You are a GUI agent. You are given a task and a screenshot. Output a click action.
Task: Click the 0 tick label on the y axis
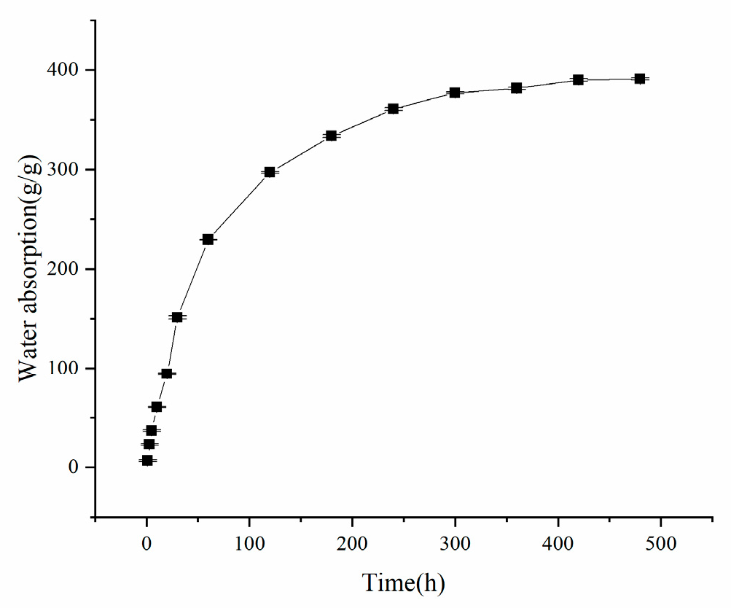74,468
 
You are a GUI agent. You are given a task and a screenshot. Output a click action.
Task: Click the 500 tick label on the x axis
661,543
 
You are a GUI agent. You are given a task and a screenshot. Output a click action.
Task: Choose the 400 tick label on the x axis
558,543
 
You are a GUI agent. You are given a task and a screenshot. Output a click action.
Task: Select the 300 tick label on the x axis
456,543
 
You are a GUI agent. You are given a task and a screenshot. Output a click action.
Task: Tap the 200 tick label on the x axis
353,543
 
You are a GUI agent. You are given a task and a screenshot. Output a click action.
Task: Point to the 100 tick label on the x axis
250,543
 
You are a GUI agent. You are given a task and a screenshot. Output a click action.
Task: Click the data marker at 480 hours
640,79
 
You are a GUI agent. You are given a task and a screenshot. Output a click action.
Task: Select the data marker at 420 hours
578,79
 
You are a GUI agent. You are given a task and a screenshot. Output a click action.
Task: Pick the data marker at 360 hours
516,88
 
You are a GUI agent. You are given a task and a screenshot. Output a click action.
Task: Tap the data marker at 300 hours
455,93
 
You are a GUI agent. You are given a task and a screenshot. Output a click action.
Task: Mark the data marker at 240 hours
393,109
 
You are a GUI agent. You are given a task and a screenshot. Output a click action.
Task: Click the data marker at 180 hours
331,136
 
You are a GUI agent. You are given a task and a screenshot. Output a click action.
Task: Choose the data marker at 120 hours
270,172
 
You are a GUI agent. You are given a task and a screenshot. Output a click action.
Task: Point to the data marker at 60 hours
208,239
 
